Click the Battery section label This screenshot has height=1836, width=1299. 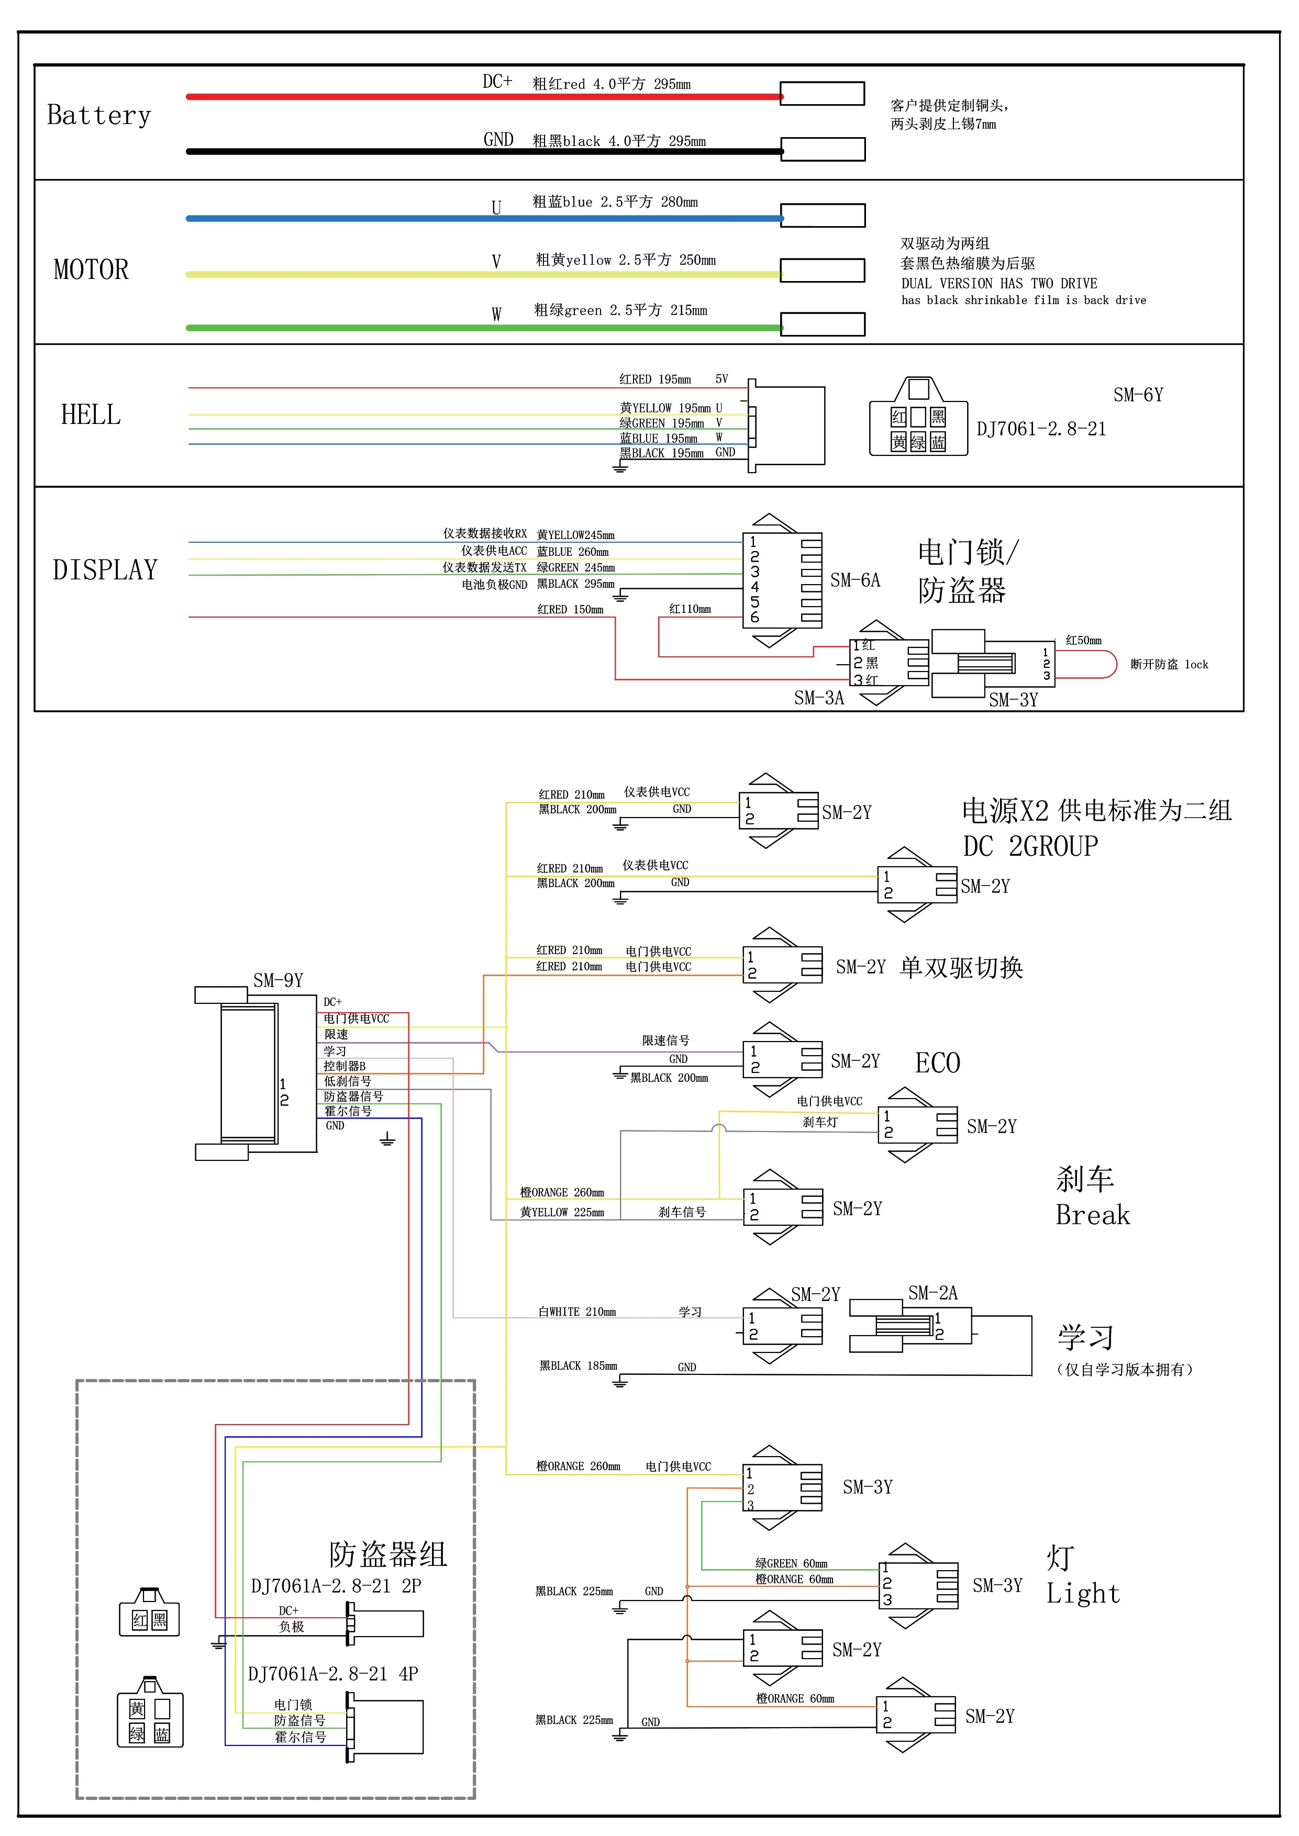tap(98, 115)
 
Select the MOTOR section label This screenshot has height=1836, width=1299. tap(91, 270)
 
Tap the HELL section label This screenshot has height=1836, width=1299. tap(91, 415)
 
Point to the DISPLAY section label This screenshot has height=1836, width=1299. tap(105, 570)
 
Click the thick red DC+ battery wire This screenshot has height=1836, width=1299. tap(480, 97)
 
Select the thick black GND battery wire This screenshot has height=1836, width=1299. tap(480, 151)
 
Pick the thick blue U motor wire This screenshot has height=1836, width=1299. tap(480, 218)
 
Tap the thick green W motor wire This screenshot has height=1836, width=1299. tap(480, 327)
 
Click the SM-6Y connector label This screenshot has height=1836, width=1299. tap(1137, 395)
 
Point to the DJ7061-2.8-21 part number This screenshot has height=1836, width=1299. tap(1041, 429)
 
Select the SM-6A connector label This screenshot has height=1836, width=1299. tap(854, 580)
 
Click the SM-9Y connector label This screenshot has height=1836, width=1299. tap(277, 980)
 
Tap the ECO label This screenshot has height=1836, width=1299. tap(937, 1063)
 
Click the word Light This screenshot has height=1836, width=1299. tap(1083, 1594)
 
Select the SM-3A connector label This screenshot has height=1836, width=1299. tap(818, 698)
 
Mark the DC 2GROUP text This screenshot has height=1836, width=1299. tap(1030, 846)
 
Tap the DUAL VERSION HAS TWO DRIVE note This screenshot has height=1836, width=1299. tap(999, 284)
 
